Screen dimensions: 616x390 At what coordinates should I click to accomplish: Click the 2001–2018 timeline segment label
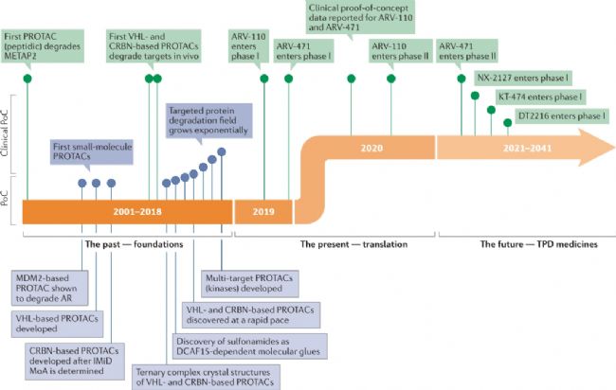pyautogui.click(x=137, y=212)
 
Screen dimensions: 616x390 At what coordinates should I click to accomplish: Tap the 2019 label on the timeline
pyautogui.click(x=263, y=212)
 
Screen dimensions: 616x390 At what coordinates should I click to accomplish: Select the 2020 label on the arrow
pyautogui.click(x=371, y=148)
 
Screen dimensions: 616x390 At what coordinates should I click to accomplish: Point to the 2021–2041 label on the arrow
pyautogui.click(x=527, y=148)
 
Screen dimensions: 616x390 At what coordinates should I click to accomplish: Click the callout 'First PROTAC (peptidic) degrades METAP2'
pyautogui.click(x=43, y=45)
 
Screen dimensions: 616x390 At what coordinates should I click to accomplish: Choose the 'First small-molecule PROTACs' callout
pyautogui.click(x=92, y=151)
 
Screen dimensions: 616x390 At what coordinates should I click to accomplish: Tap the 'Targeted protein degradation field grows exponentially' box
pyautogui.click(x=208, y=120)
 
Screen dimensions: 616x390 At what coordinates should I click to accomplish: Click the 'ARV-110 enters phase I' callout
pyautogui.click(x=248, y=45)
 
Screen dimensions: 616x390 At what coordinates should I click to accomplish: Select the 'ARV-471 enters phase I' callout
pyautogui.click(x=303, y=51)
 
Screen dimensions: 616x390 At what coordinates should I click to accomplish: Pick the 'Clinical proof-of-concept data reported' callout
pyautogui.click(x=360, y=17)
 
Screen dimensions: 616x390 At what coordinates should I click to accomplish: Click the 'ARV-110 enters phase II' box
pyautogui.click(x=400, y=51)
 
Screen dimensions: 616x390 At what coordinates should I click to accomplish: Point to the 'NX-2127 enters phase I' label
pyautogui.click(x=522, y=78)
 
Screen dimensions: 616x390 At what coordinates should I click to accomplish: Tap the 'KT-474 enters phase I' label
pyautogui.click(x=540, y=97)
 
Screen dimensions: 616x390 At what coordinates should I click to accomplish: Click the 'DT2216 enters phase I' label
pyautogui.click(x=561, y=115)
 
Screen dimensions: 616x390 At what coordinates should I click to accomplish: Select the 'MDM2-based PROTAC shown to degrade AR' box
pyautogui.click(x=49, y=288)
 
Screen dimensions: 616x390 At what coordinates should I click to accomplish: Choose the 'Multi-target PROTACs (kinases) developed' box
pyautogui.click(x=249, y=283)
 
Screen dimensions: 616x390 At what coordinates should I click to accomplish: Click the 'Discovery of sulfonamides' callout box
pyautogui.click(x=250, y=346)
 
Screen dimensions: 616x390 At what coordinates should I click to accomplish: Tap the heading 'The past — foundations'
pyautogui.click(x=134, y=244)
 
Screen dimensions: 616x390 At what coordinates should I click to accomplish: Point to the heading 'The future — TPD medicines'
pyautogui.click(x=538, y=244)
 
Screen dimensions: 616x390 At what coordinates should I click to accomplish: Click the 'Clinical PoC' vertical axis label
pyautogui.click(x=5, y=133)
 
